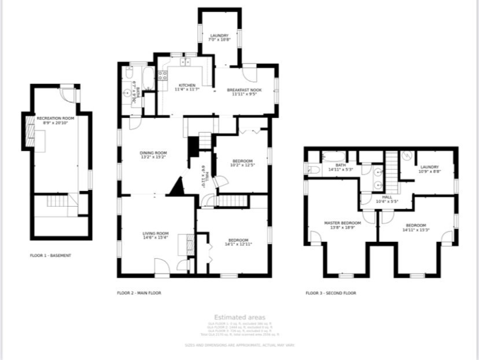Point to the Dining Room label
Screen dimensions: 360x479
(153, 153)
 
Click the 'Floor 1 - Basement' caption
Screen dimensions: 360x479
(50, 255)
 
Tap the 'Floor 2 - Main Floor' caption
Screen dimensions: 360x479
(139, 293)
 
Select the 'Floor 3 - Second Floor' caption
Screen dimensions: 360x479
(331, 293)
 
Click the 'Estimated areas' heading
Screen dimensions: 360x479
(239, 317)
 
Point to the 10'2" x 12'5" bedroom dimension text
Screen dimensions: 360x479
(242, 166)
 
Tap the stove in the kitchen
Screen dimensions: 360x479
(163, 76)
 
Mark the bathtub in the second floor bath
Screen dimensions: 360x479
(333, 157)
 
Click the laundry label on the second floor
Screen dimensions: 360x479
(429, 167)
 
